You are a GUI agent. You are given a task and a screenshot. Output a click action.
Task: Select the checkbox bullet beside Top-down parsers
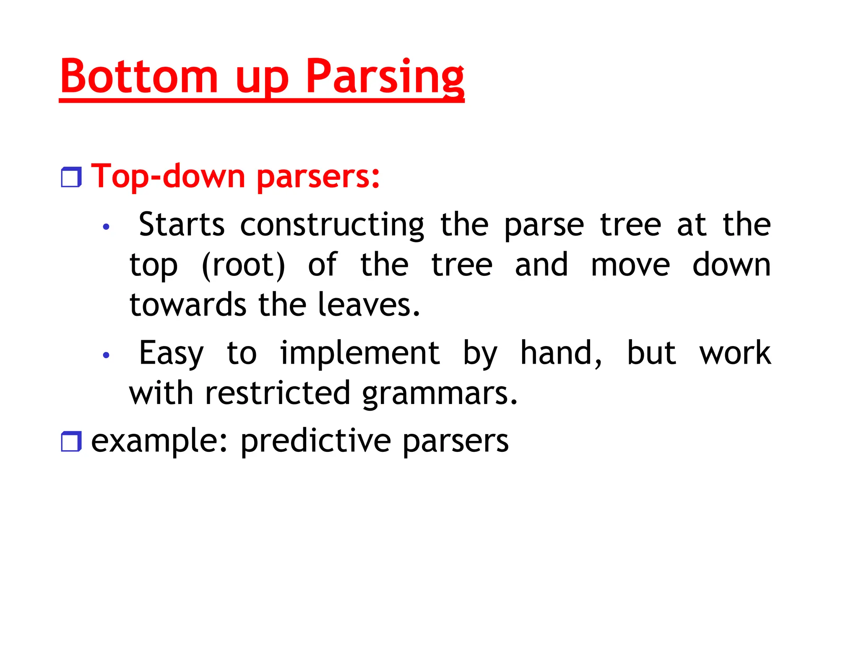coord(71,177)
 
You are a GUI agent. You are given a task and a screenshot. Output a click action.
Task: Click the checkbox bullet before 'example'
coord(71,441)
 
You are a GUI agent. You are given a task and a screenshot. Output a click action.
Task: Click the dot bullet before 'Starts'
coord(106,227)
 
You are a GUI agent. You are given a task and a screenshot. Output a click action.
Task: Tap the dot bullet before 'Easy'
coord(106,355)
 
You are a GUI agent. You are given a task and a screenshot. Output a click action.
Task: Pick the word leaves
coord(368,304)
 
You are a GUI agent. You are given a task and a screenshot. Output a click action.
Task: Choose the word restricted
coord(277,393)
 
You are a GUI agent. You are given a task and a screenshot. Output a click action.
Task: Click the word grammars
coord(439,394)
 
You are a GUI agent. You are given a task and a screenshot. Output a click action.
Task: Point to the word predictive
coord(316,441)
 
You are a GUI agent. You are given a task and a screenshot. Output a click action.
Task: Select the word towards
coord(187,304)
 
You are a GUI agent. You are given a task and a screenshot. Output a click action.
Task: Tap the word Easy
coord(171,354)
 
